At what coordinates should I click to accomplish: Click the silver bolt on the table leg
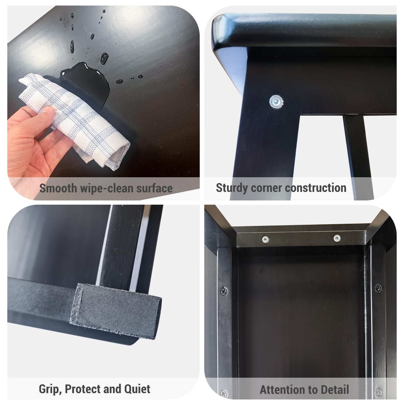pyautogui.click(x=277, y=102)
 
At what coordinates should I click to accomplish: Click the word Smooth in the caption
pyautogui.click(x=58, y=188)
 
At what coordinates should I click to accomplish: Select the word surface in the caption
pyautogui.click(x=154, y=188)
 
